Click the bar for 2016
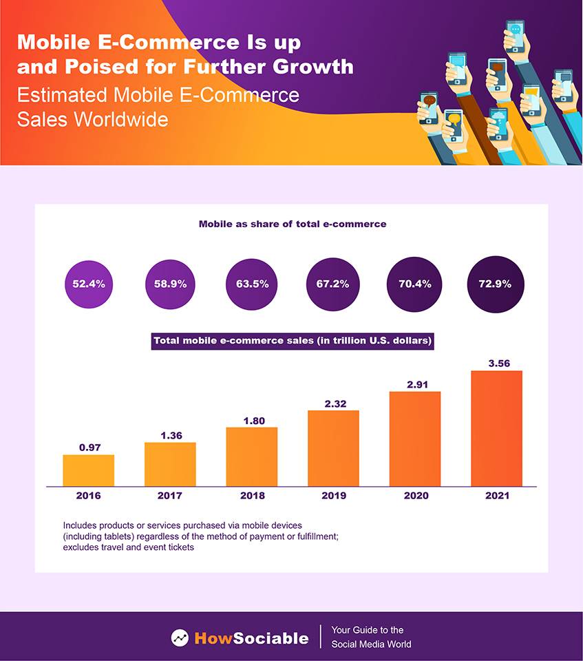point(88,470)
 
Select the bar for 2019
point(333,448)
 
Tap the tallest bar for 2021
point(496,428)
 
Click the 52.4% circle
point(89,284)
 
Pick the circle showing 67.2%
point(332,284)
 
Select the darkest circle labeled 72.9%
point(496,284)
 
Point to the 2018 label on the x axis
point(252,496)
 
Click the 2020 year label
point(415,496)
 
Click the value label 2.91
point(415,384)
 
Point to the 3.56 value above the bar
point(496,363)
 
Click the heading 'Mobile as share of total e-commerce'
point(292,224)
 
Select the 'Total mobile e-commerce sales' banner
point(292,340)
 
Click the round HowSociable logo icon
point(180,638)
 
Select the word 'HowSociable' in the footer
point(251,638)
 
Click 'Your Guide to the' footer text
point(368,630)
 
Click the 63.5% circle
point(252,284)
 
